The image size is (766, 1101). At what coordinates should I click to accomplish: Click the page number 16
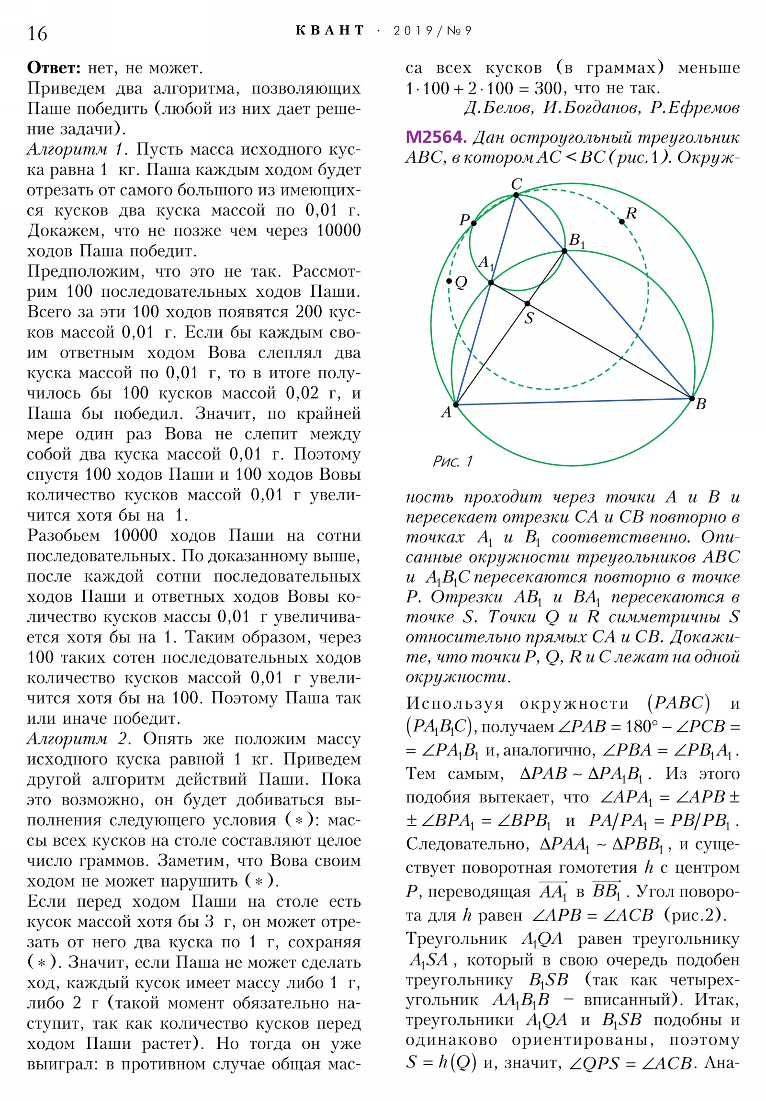(37, 34)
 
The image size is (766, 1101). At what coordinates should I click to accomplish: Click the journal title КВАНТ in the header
(330, 31)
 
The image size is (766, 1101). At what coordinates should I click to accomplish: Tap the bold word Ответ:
(54, 68)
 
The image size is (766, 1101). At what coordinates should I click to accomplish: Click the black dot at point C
(516, 195)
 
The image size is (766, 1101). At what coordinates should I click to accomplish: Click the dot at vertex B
(692, 398)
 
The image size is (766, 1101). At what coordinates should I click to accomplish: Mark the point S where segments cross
(527, 303)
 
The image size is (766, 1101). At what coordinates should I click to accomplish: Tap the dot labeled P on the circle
(474, 223)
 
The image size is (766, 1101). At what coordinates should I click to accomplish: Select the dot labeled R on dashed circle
(621, 222)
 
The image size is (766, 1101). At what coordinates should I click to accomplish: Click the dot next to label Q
(449, 281)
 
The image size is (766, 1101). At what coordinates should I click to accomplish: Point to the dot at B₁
(564, 251)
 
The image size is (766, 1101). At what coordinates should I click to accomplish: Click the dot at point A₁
(491, 282)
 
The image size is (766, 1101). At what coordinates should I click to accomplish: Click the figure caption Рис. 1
(452, 461)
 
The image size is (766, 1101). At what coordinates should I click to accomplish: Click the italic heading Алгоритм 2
(78, 739)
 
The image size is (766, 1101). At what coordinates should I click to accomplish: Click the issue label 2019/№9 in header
(432, 31)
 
